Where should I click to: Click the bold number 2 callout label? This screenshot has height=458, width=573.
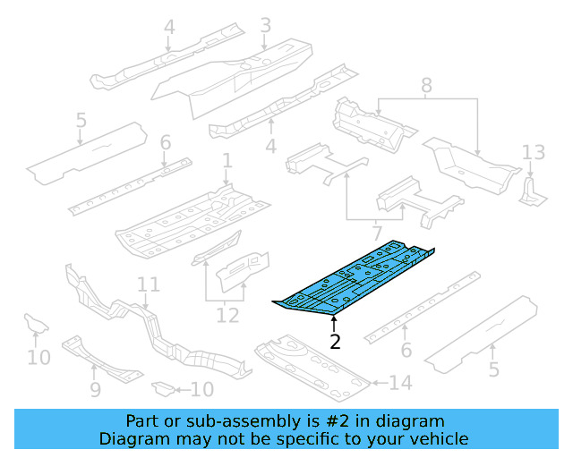335,341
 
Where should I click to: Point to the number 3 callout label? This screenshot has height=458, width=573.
265,26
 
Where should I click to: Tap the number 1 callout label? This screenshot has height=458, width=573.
227,161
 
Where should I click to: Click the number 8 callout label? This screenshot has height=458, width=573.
426,86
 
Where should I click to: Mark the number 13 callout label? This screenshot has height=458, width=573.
533,151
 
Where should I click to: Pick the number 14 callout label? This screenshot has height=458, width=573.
401,384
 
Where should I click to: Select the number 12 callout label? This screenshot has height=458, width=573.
227,315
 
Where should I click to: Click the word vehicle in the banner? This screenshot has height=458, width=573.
438,438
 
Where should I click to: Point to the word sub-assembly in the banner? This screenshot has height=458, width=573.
253,420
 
